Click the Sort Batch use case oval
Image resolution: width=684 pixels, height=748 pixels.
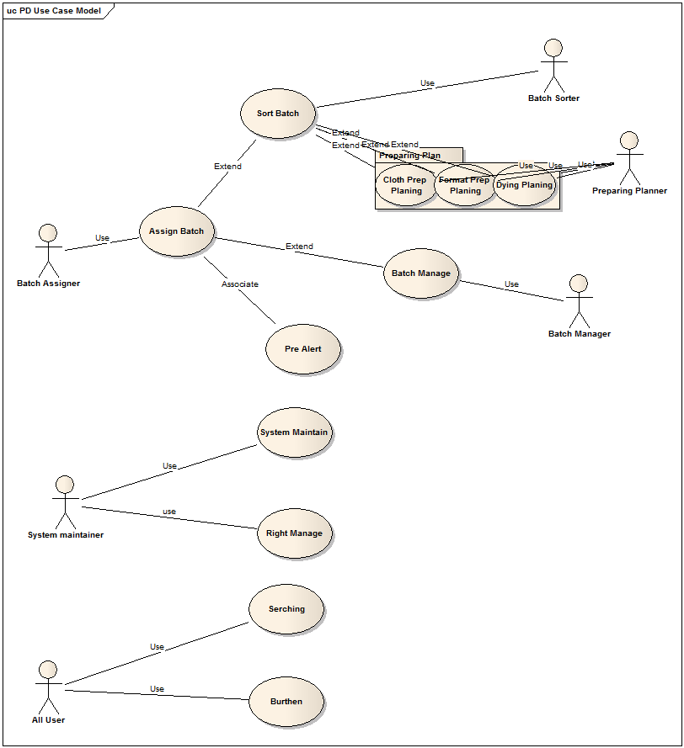pyautogui.click(x=278, y=113)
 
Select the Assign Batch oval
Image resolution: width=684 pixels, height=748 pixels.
pyautogui.click(x=177, y=231)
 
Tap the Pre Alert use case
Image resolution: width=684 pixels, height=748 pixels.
pyautogui.click(x=303, y=348)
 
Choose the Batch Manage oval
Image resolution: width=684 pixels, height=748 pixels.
pyautogui.click(x=421, y=273)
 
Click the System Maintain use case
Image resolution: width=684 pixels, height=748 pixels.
pyautogui.click(x=294, y=432)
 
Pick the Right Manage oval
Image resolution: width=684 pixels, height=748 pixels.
pyautogui.click(x=294, y=533)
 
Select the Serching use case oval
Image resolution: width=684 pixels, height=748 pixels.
pyautogui.click(x=286, y=609)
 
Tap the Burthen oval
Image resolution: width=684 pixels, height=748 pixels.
pyautogui.click(x=286, y=702)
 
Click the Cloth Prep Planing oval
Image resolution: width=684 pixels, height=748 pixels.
pyautogui.click(x=405, y=185)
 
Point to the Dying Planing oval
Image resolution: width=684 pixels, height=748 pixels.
pyautogui.click(x=525, y=185)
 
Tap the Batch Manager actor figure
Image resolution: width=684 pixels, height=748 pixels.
pyautogui.click(x=579, y=300)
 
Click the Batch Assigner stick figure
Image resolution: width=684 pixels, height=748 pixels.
pyautogui.click(x=48, y=250)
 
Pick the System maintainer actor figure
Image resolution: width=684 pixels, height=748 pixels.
pyautogui.click(x=65, y=501)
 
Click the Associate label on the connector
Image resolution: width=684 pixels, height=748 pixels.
pyautogui.click(x=240, y=284)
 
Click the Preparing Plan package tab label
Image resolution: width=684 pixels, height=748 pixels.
pyautogui.click(x=410, y=155)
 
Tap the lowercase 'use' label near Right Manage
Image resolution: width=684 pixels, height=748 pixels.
pyautogui.click(x=169, y=512)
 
